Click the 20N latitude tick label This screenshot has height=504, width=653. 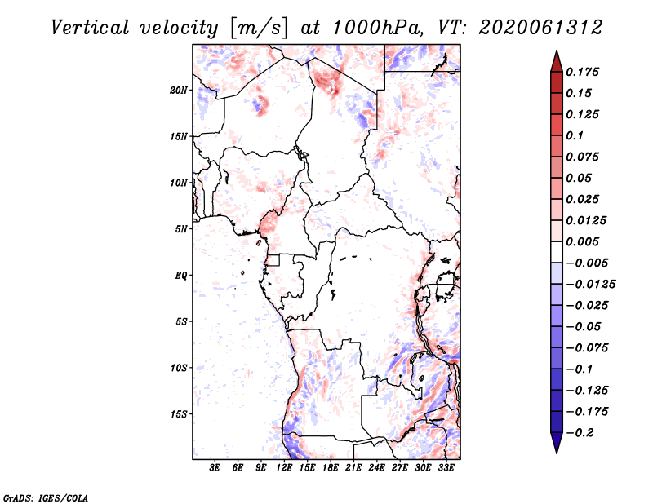(x=179, y=91)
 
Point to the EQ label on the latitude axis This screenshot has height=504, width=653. (x=181, y=276)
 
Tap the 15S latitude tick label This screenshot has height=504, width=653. (x=179, y=414)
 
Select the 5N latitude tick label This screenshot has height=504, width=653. (x=181, y=229)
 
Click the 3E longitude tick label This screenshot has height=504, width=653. (x=215, y=468)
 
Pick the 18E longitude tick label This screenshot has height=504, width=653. (x=331, y=468)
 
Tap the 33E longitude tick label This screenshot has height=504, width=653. (x=446, y=468)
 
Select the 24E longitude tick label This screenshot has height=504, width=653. (x=376, y=468)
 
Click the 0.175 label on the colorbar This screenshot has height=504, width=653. (x=582, y=72)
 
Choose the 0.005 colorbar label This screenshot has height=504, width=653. (x=582, y=241)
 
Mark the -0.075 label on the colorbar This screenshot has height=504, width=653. (x=587, y=348)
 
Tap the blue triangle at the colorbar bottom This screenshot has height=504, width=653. (x=557, y=443)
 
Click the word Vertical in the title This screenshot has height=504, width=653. (x=90, y=28)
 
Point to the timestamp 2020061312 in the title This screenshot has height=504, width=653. (x=540, y=28)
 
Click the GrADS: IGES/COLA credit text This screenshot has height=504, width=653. (x=46, y=497)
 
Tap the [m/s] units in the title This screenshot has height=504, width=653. (x=259, y=29)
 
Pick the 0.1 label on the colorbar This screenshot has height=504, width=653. (x=575, y=135)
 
